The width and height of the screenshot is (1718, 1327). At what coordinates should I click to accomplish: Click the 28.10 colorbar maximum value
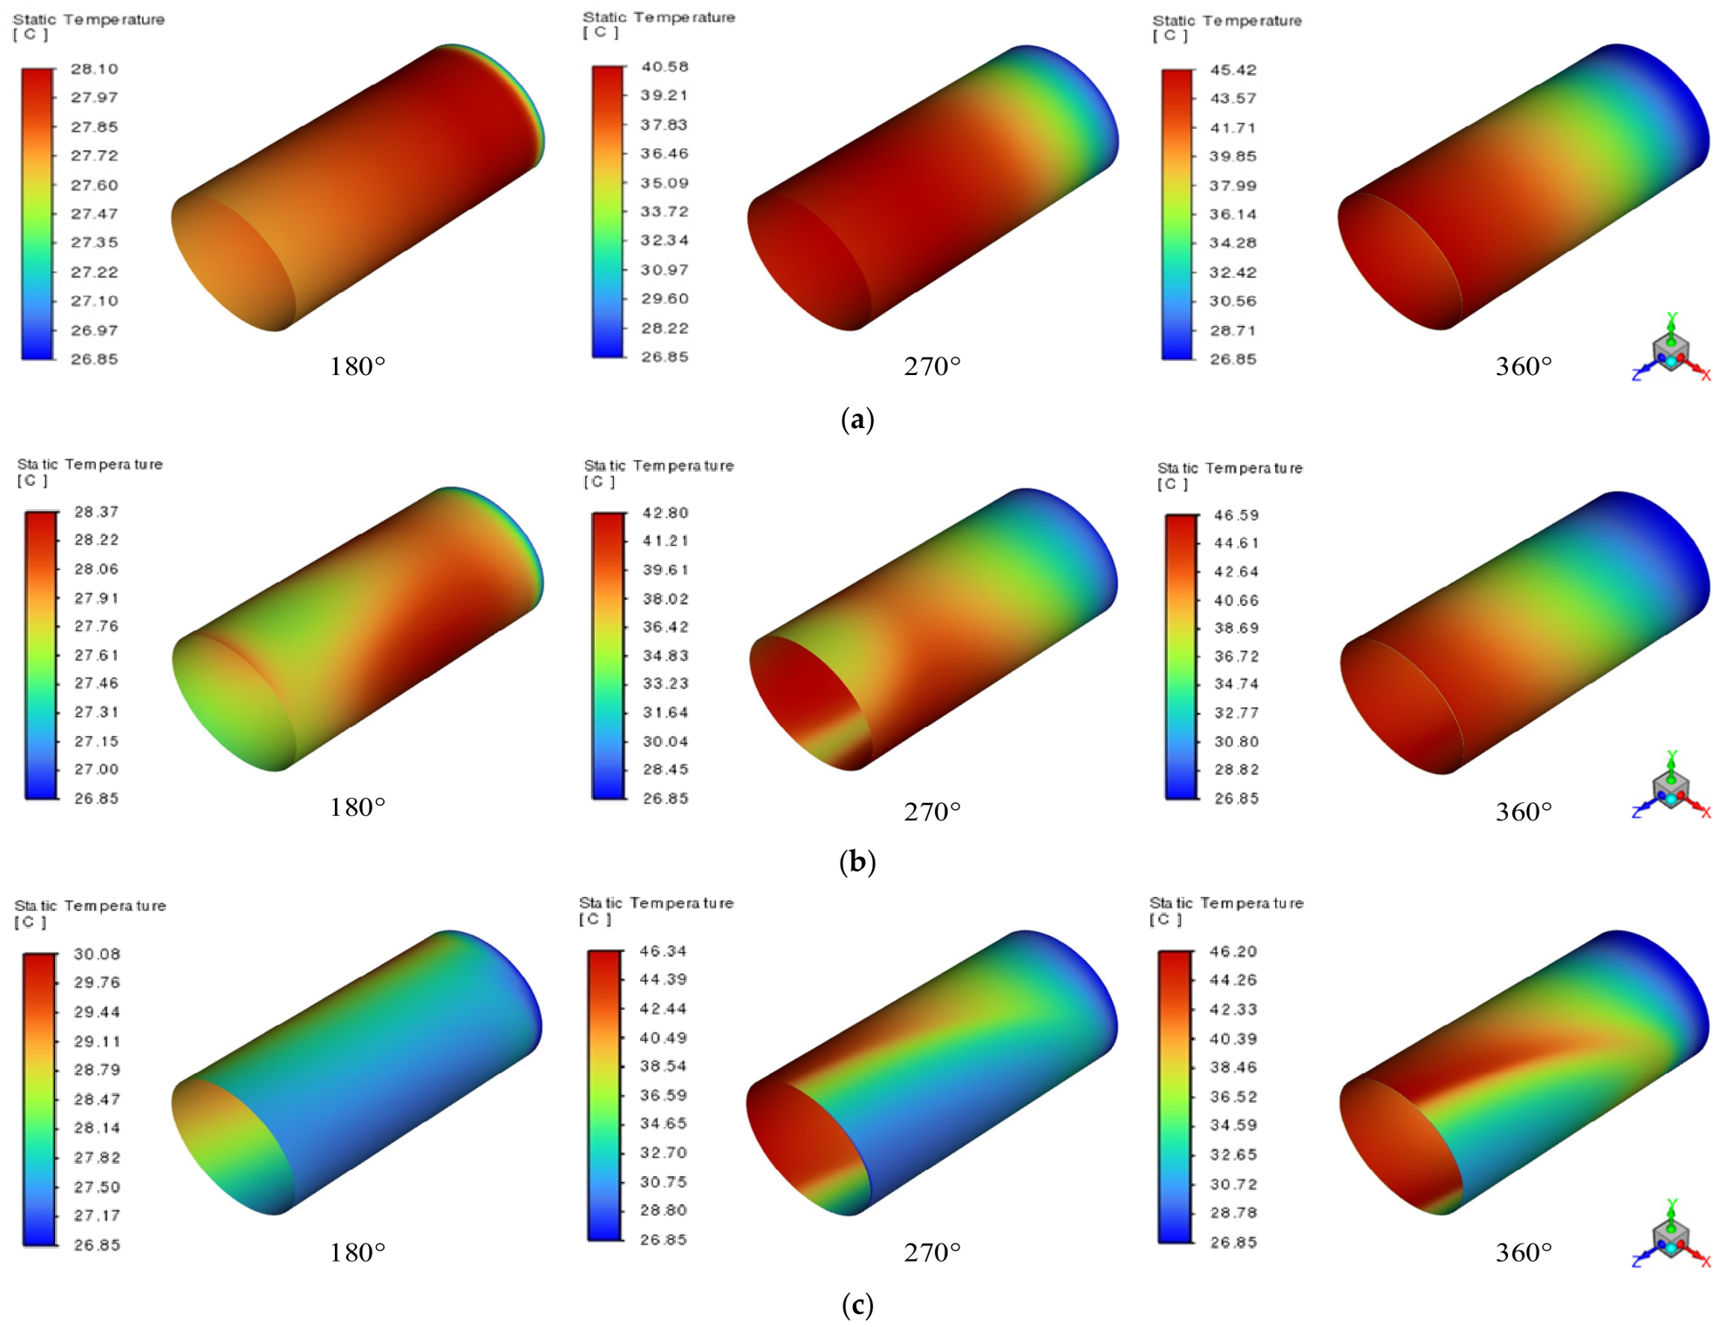(94, 69)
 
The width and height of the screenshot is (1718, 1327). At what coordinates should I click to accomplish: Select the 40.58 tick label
(665, 66)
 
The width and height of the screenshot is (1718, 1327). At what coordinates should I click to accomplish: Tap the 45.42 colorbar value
(1233, 70)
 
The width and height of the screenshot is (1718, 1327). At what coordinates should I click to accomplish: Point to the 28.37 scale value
(96, 512)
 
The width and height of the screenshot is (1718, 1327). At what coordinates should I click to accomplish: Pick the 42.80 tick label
(665, 513)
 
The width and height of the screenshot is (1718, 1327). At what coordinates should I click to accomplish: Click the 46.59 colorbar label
(1237, 515)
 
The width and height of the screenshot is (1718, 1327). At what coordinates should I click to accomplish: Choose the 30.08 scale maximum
(97, 954)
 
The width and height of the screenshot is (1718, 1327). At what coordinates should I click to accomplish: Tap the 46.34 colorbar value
(663, 950)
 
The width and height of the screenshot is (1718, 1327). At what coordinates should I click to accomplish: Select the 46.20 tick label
(1233, 951)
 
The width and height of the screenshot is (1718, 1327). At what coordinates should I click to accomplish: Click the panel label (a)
(857, 419)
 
